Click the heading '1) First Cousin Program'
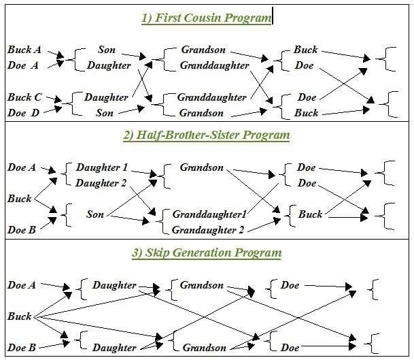(206, 18)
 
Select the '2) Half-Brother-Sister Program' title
(206, 135)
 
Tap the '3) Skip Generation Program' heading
(206, 253)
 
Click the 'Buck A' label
(24, 50)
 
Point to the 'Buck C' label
(24, 97)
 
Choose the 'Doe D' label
(24, 113)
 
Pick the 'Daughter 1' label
(102, 167)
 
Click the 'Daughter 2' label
(102, 183)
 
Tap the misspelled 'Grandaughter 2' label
(208, 230)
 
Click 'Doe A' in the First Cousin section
(24, 65)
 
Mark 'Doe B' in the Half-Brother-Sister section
(22, 230)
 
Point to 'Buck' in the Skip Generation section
(19, 316)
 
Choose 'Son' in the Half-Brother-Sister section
(95, 214)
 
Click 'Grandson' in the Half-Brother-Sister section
(201, 167)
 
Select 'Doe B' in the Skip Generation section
(22, 348)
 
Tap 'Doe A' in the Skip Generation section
(22, 285)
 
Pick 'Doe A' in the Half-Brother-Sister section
(22, 167)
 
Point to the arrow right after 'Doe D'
(53, 109)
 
